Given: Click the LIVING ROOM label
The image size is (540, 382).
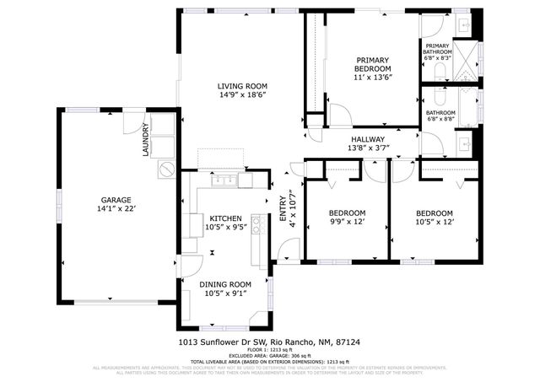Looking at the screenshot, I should [x=242, y=86].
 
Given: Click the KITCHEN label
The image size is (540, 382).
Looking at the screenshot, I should [x=225, y=218].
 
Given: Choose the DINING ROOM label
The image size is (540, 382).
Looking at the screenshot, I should [x=225, y=284].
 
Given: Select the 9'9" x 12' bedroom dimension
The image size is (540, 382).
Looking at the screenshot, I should [x=347, y=223].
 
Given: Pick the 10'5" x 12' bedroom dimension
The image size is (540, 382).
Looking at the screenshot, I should [x=434, y=223].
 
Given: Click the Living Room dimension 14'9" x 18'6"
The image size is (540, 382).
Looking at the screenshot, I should [x=242, y=95].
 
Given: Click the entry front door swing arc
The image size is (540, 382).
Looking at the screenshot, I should [x=289, y=250].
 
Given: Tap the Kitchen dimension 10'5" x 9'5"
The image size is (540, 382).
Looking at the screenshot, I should [x=225, y=227].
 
